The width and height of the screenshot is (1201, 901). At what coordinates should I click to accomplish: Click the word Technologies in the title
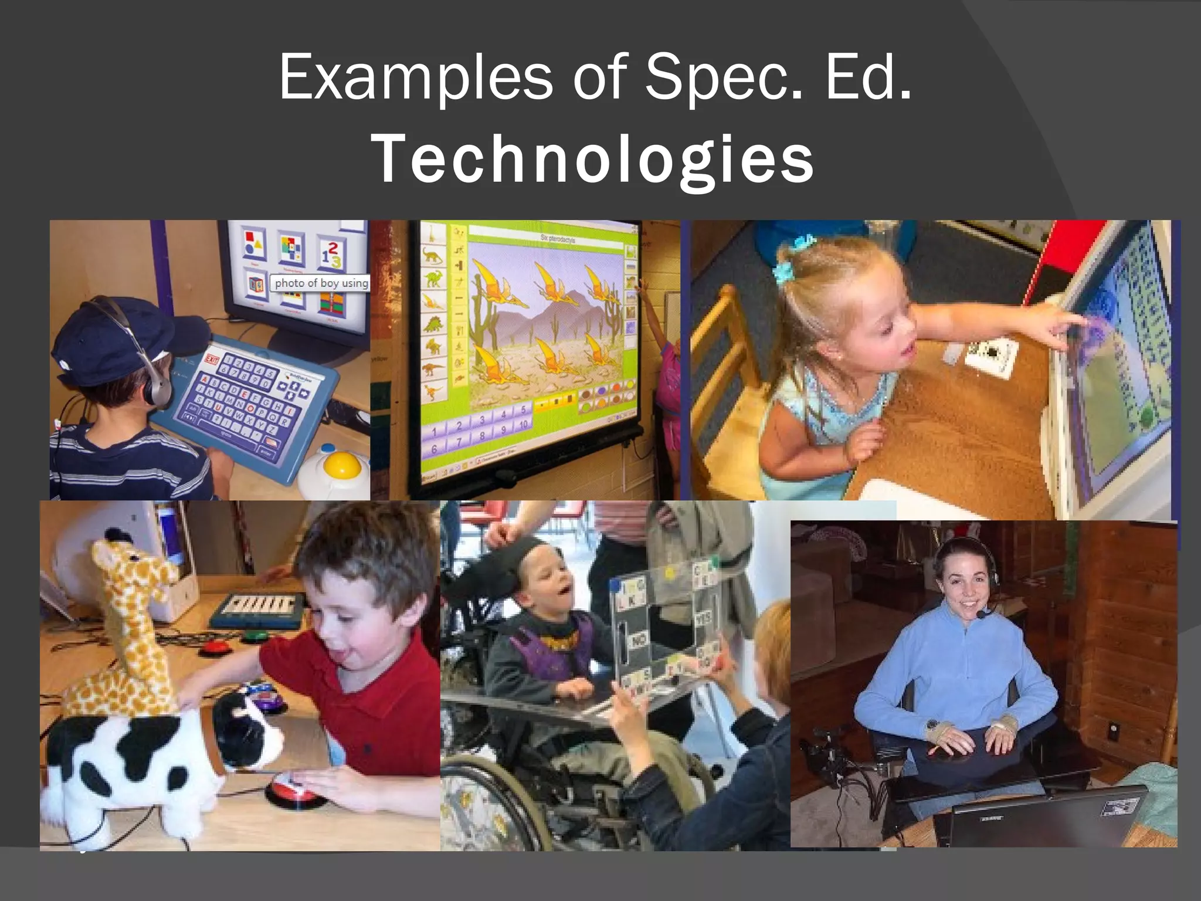point(592,159)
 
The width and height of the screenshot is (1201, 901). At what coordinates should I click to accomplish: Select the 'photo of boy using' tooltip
point(321,283)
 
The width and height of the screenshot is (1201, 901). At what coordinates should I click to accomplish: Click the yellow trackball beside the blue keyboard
point(338,465)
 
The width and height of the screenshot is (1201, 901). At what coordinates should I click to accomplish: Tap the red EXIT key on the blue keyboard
point(212,359)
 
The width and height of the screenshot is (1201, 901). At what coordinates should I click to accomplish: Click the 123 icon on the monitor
point(330,253)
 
